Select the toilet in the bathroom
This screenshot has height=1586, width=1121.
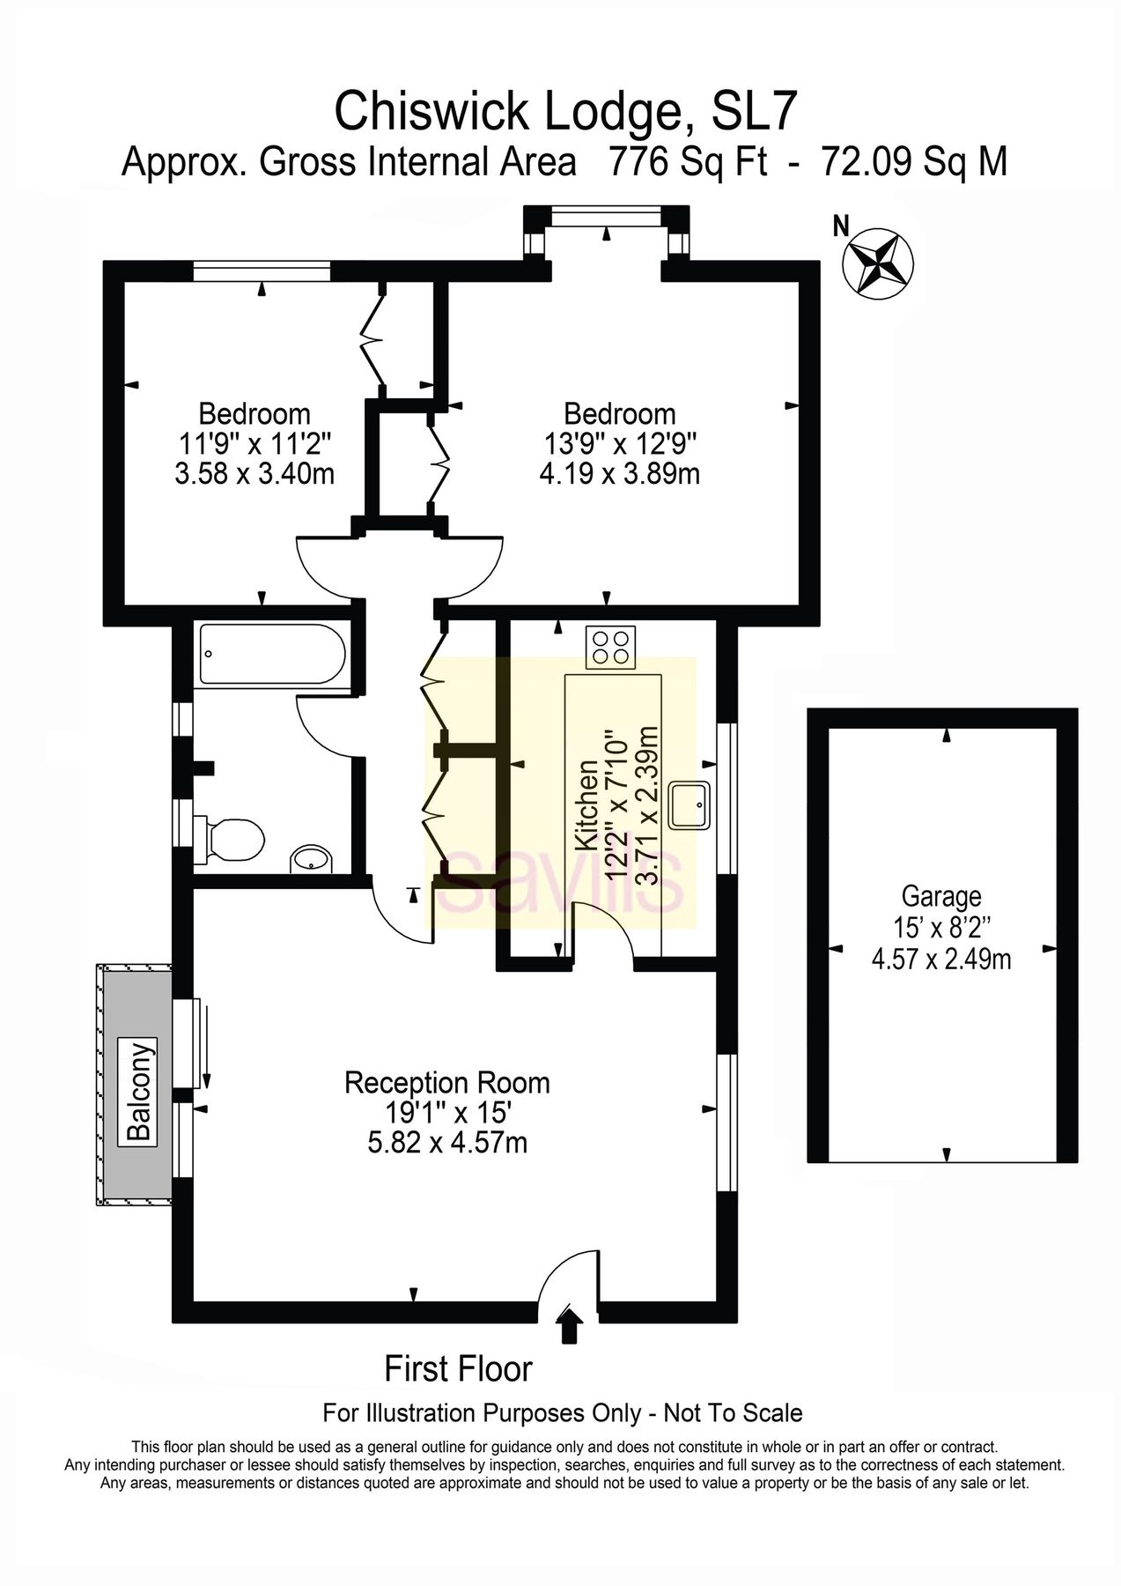click(233, 838)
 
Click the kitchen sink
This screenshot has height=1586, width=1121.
click(690, 804)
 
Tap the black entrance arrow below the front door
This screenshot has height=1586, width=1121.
click(571, 1325)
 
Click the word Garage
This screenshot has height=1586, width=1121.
click(940, 897)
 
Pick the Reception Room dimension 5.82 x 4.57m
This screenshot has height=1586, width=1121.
click(446, 1144)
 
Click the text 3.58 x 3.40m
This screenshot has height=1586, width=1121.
click(254, 474)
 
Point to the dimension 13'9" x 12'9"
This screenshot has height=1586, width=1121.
click(619, 443)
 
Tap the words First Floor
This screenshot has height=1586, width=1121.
click(458, 1369)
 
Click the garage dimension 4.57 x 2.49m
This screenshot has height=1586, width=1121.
click(940, 958)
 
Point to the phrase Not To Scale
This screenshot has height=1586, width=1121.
click(733, 1413)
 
